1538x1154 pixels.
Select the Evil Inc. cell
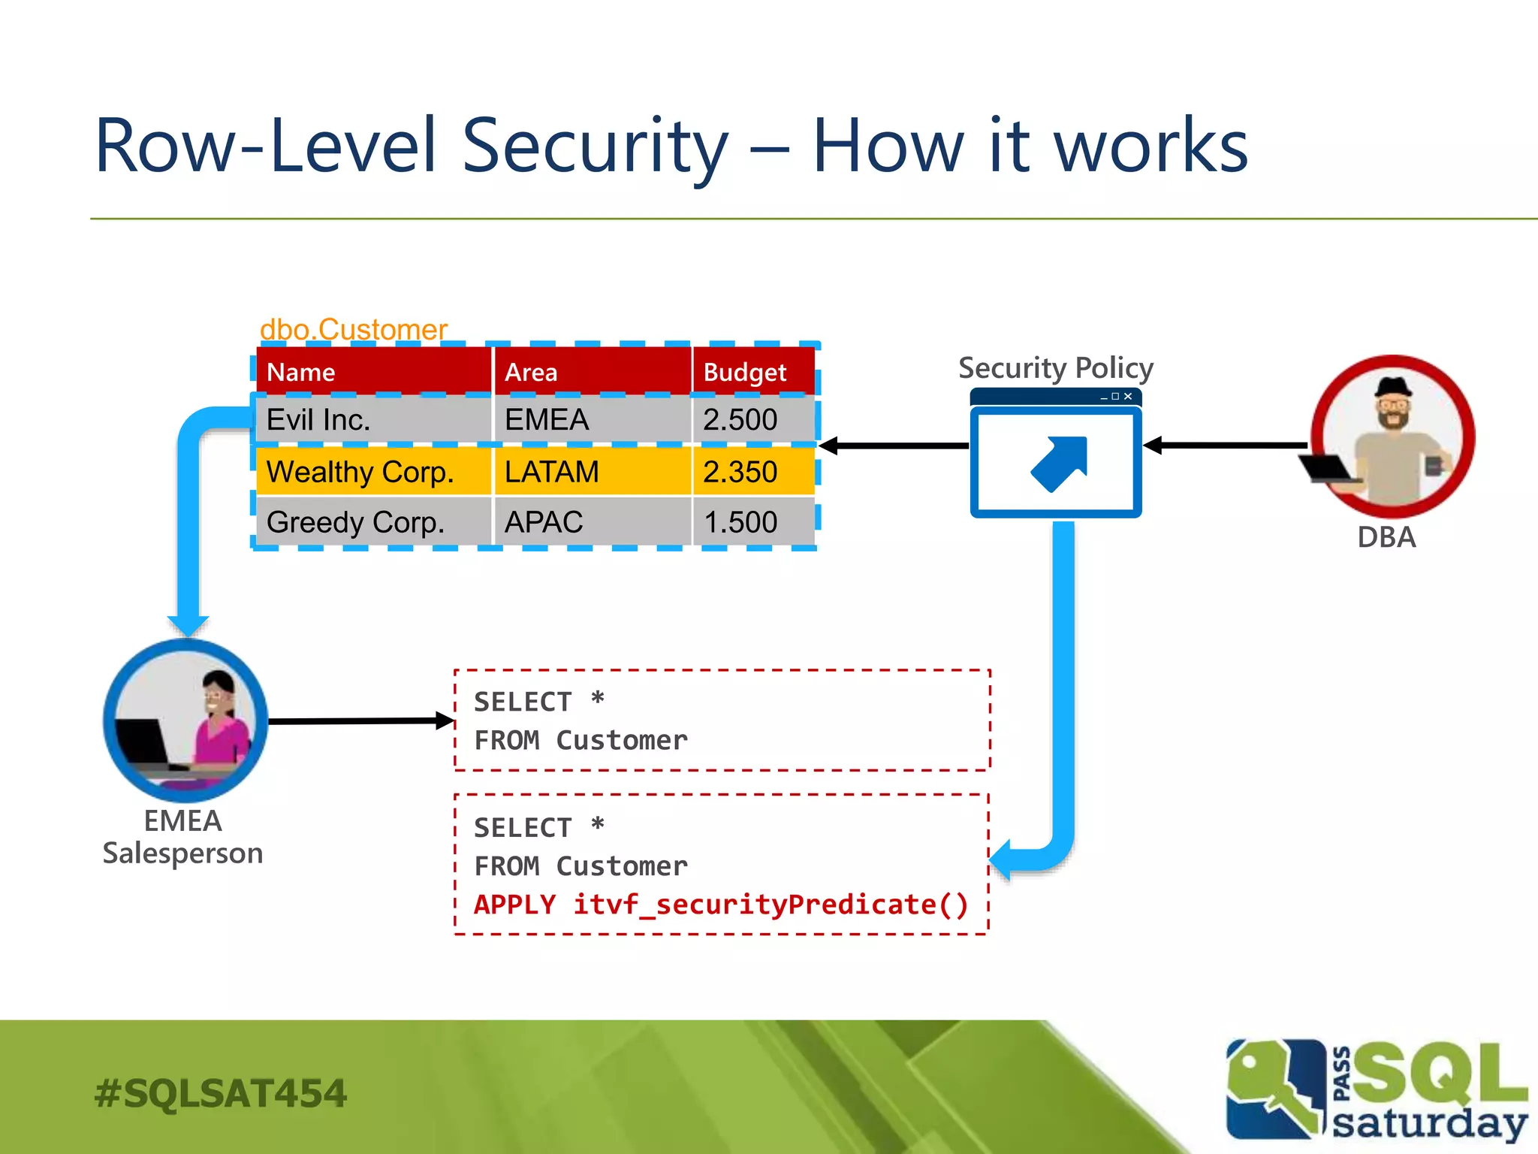(318, 419)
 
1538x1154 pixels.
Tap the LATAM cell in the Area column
(552, 472)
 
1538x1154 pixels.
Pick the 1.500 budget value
(740, 522)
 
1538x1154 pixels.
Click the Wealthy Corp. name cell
(360, 472)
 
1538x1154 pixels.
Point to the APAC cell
(544, 522)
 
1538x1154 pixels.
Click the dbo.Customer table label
(353, 330)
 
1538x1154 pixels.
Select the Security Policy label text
(1055, 368)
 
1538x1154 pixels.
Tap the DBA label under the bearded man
(1386, 537)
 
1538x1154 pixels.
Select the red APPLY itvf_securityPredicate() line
(721, 905)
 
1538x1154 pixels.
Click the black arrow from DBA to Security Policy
(1228, 446)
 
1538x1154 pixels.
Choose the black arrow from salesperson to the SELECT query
(360, 721)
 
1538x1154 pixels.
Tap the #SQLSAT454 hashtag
(221, 1093)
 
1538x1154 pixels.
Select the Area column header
(531, 372)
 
